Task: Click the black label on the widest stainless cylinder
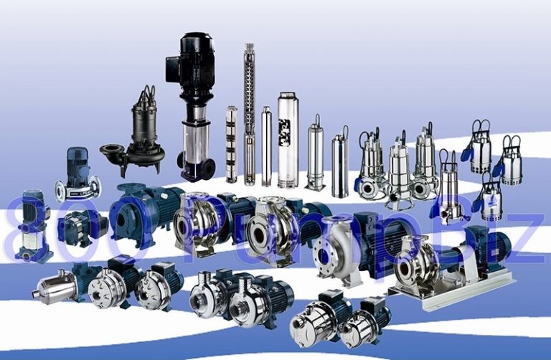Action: click(286, 134)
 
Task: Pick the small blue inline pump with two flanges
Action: click(76, 176)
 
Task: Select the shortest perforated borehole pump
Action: click(231, 143)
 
